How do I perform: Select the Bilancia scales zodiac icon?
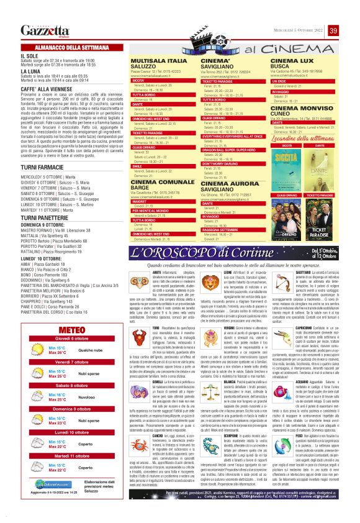(210, 391)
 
